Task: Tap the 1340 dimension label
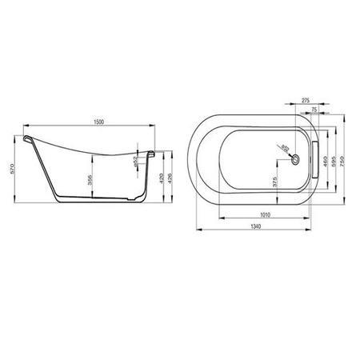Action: (x=255, y=227)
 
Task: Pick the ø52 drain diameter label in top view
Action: (x=285, y=149)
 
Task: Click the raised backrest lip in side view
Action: (x=30, y=141)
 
